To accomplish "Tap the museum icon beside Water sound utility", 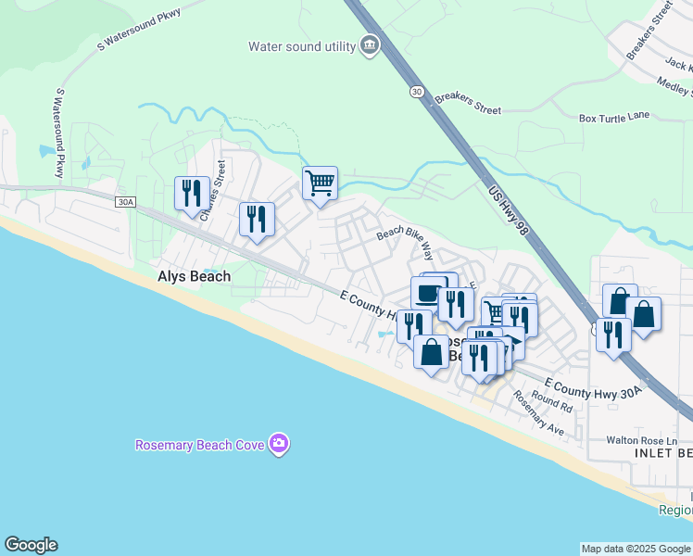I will pyautogui.click(x=369, y=45).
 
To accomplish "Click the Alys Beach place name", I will pyautogui.click(x=193, y=276).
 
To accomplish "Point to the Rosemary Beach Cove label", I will pyautogui.click(x=200, y=445).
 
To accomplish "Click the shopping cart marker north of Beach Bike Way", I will pyautogui.click(x=320, y=183).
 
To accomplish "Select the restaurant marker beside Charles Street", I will pyautogui.click(x=192, y=193).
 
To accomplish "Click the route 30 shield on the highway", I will pyautogui.click(x=417, y=91).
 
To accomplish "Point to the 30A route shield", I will pyautogui.click(x=125, y=201).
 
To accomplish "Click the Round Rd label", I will pyautogui.click(x=552, y=402).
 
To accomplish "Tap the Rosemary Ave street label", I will pyautogui.click(x=538, y=412).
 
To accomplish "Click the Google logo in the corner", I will pyautogui.click(x=31, y=545).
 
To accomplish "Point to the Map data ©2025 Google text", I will pyautogui.click(x=636, y=549).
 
